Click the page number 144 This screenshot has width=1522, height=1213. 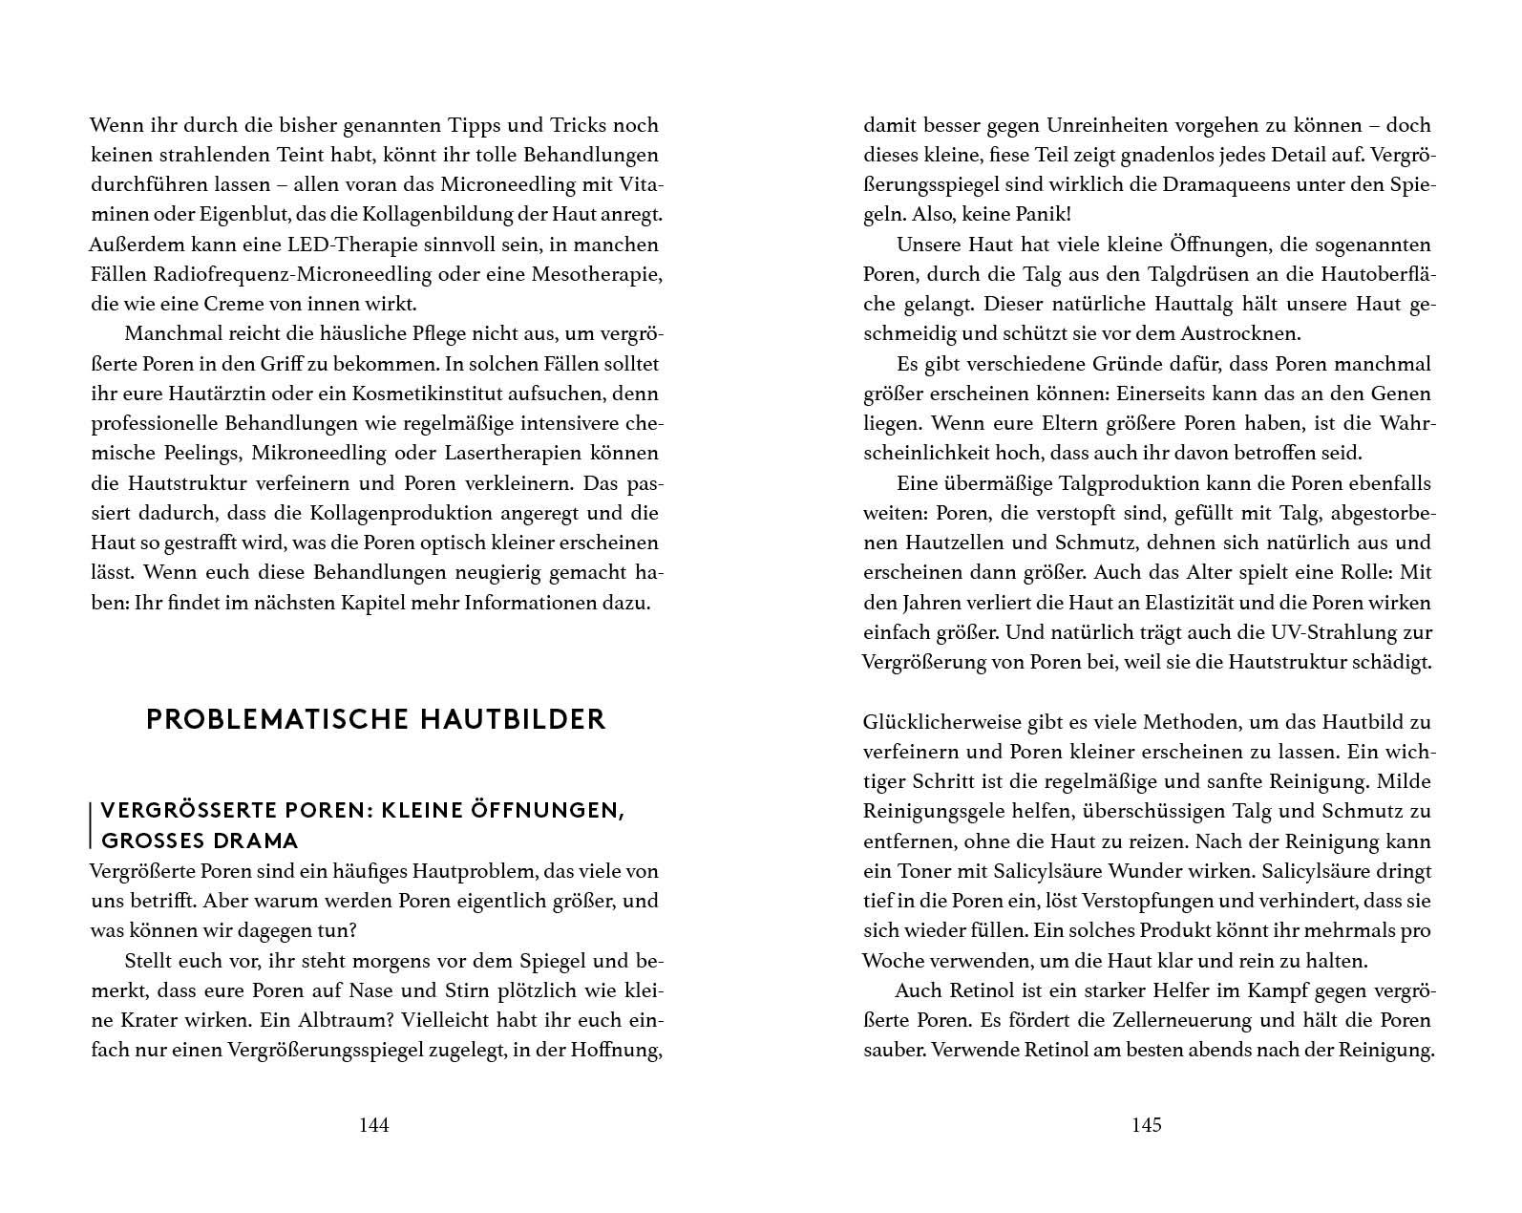click(373, 1125)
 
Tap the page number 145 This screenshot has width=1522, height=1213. click(1146, 1125)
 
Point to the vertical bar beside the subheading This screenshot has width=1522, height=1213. click(91, 826)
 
